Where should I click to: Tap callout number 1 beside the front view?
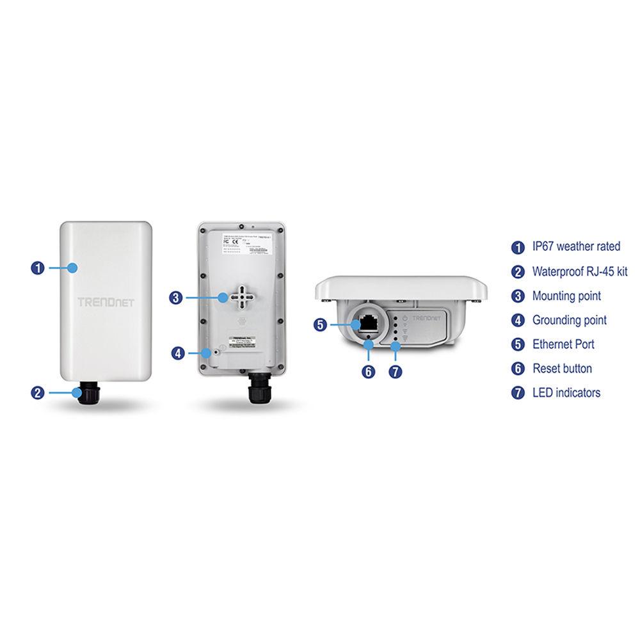[38, 268]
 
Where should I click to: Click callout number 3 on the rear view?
[177, 297]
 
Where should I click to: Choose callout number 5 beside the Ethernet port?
[321, 324]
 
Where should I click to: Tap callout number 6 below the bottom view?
[369, 371]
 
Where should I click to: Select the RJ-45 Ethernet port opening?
[369, 323]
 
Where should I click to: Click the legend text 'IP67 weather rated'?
[576, 247]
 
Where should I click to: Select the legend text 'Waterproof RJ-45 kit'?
[580, 271]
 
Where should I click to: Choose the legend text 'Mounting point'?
[566, 296]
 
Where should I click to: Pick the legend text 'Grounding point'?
[570, 320]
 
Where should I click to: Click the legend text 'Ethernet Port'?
[563, 344]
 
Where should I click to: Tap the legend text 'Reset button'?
[562, 369]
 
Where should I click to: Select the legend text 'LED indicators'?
[566, 393]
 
